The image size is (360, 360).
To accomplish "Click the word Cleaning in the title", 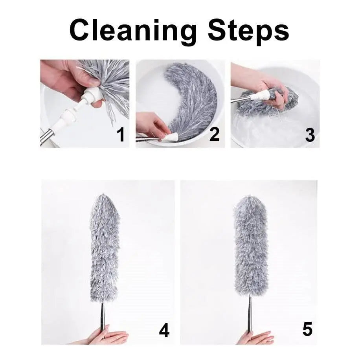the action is point(133,31).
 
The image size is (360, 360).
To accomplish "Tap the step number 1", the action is point(121,135).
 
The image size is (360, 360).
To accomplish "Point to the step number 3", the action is point(310,135).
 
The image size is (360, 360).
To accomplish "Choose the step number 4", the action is point(164,330).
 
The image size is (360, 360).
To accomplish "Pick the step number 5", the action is point(307,329).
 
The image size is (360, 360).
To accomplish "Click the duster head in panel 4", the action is point(105,248).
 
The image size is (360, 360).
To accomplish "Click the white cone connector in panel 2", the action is point(169,138).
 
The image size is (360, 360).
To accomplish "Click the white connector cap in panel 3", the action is point(260,95).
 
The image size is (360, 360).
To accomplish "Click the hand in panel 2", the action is point(152,125).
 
